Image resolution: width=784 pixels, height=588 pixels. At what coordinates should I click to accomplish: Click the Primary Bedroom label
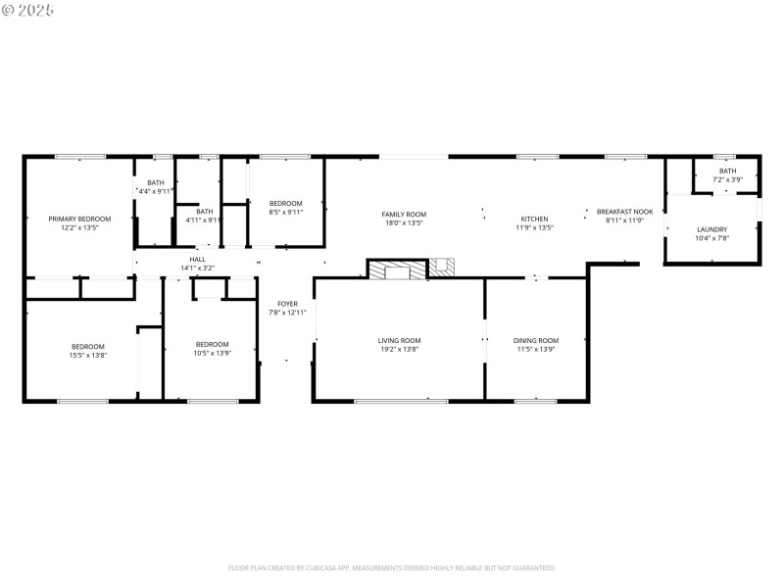[79, 219]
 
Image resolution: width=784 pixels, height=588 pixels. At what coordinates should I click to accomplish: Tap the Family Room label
[404, 214]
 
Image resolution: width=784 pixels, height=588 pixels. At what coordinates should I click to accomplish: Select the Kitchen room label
[534, 219]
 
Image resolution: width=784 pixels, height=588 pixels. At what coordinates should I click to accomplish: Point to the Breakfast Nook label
[624, 211]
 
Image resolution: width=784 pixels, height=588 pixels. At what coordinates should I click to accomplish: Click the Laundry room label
[711, 229]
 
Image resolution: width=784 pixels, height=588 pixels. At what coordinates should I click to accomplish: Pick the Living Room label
[399, 340]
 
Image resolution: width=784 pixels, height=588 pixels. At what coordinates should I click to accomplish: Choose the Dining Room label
[536, 340]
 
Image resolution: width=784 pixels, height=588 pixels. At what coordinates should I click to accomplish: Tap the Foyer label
[287, 304]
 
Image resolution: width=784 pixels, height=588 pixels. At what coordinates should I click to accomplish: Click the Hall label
[198, 259]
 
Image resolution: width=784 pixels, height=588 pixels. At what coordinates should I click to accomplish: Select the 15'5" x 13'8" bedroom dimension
[87, 355]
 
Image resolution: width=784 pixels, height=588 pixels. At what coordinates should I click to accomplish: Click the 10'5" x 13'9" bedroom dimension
[212, 353]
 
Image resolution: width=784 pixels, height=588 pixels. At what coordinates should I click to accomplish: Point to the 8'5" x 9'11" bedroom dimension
[285, 212]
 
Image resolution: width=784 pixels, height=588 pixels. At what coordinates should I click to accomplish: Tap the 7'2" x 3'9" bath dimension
[726, 179]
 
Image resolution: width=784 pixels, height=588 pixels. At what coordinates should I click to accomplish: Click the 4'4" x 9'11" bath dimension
[155, 191]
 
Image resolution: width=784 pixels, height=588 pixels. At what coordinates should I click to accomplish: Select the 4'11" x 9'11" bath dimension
[204, 220]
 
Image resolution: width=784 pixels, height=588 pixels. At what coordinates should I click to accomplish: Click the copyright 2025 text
[28, 9]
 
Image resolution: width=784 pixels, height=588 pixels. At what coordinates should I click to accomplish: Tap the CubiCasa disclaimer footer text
[392, 567]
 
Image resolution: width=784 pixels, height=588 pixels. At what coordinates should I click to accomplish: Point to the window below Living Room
[401, 400]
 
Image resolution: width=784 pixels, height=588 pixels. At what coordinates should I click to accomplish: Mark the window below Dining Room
[536, 400]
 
